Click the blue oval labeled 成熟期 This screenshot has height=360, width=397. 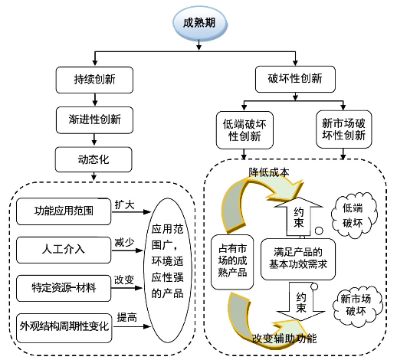200,24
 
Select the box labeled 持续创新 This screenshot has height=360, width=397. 94,80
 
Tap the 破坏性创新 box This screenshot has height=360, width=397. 295,79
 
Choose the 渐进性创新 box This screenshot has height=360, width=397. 94,120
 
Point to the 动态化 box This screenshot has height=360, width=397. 94,159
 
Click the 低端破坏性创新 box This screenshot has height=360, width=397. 244,130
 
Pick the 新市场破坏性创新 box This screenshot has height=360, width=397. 344,129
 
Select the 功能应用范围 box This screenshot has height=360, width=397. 64,211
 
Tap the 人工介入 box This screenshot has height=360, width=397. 64,250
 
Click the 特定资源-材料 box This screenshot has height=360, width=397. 64,288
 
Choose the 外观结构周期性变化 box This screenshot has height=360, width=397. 64,328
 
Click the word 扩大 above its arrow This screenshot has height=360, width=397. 124,205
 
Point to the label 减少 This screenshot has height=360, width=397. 124,243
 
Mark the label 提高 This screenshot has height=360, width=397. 127,317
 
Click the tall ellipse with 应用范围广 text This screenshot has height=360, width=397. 168,270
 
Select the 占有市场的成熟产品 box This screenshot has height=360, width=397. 232,262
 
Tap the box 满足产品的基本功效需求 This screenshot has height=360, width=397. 298,259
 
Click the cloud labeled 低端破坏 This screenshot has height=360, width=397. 354,216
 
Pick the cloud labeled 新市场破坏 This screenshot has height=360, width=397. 357,306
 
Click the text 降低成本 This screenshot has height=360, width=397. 269,172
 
